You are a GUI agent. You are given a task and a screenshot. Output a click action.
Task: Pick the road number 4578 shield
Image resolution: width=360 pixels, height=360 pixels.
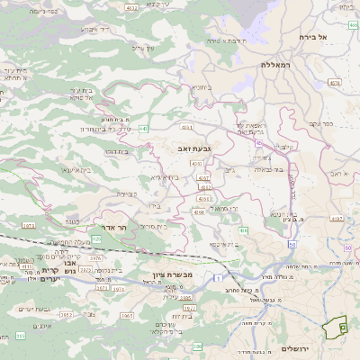point(336,83)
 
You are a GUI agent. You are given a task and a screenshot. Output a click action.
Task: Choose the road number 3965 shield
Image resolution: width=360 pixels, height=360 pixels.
point(127,317)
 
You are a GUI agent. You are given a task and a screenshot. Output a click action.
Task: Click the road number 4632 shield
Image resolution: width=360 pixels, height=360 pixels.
point(132,9)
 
